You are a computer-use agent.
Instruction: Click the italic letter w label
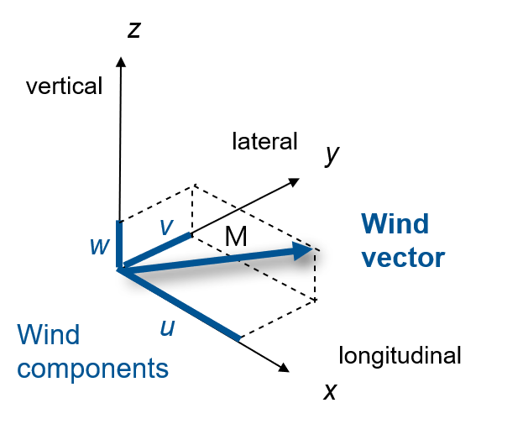pos(100,247)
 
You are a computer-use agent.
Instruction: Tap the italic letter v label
pos(166,227)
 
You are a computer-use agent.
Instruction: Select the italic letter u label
pos(167,328)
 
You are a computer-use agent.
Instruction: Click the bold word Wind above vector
pos(395,224)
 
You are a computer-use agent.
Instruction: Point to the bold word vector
pos(403,258)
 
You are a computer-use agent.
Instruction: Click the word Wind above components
pos(49,335)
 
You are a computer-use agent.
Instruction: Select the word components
pos(92,369)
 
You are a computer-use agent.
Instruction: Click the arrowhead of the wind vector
pos(304,249)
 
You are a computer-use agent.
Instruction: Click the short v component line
pos(156,250)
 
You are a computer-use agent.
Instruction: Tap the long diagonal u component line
pos(180,304)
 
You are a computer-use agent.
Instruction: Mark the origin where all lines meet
pos(120,269)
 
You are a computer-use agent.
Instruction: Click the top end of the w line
pos(120,223)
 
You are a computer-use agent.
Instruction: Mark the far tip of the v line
pos(190,234)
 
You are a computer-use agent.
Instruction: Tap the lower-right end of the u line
pos(239,338)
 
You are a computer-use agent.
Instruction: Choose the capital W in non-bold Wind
pos(30,335)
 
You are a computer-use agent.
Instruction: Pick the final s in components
pos(163,369)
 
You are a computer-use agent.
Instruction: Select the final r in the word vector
pos(439,259)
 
